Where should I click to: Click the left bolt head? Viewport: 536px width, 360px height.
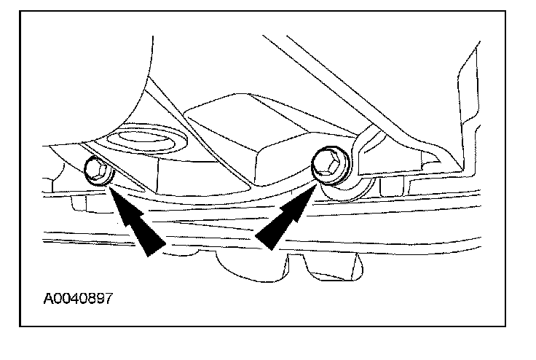click(x=96, y=170)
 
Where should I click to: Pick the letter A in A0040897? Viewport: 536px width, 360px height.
click(x=48, y=299)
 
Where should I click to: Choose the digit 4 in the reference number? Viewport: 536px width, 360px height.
click(x=75, y=299)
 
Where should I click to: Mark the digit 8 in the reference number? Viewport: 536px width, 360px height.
click(x=91, y=299)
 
